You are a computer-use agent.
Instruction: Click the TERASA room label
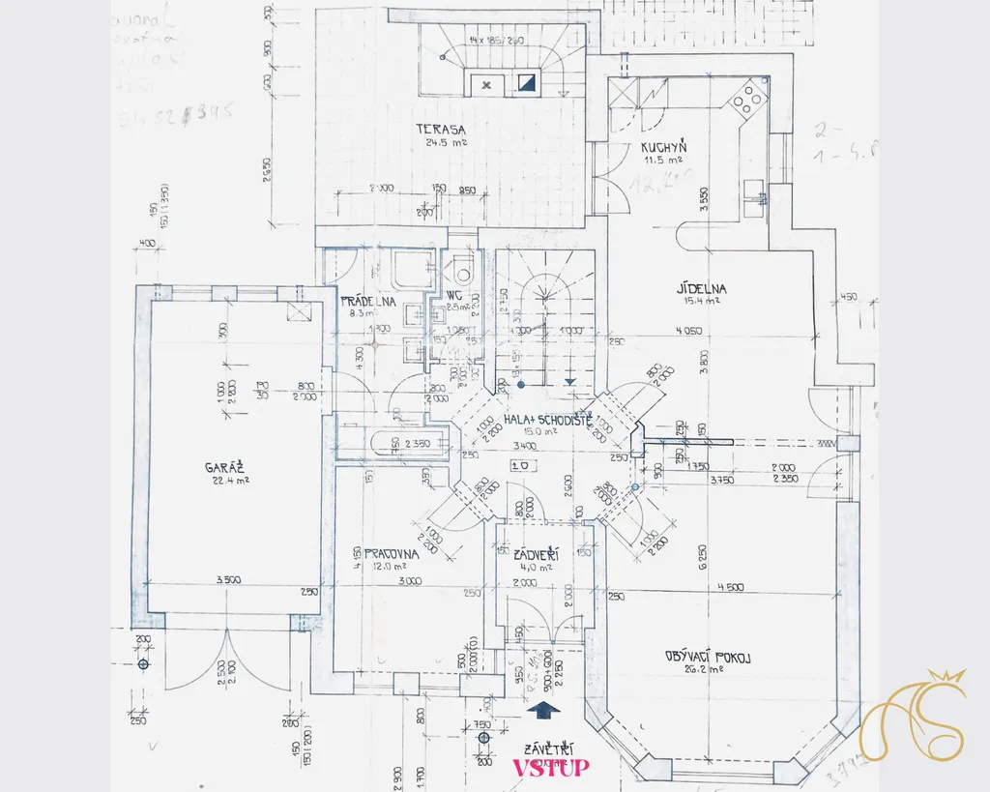coord(442,130)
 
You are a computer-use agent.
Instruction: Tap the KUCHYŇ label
coord(663,148)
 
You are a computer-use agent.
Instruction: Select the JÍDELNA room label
coord(702,288)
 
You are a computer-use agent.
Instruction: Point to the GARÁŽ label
coord(221,467)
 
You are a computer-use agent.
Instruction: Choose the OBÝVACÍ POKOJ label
coord(709,657)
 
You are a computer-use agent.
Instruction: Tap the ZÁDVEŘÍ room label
coord(539,554)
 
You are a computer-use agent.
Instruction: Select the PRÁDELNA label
coord(368,301)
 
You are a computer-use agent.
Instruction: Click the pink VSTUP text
coord(550,768)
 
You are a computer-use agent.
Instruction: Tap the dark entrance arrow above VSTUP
coord(546,711)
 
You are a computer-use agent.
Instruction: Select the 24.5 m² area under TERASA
coord(446,142)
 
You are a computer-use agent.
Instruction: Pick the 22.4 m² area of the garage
coord(228,480)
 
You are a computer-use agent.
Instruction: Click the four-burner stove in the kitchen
coord(748,98)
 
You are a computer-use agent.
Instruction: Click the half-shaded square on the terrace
coord(527,84)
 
